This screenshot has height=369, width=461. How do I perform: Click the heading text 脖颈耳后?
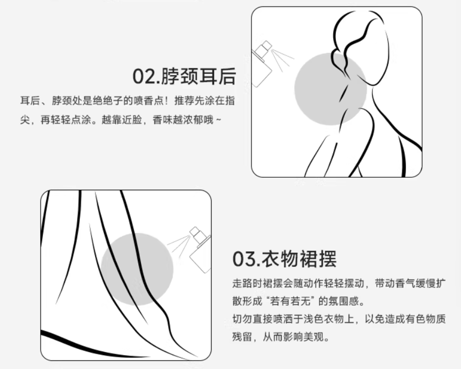coord(199,76)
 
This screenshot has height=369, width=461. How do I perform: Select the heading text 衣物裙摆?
coord(299,259)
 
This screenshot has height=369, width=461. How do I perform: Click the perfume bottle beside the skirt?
coord(200,250)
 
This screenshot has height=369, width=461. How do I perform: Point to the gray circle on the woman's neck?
coord(330,89)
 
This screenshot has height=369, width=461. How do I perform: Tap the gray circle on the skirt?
coord(137,269)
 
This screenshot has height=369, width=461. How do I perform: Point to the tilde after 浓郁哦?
coord(218,120)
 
